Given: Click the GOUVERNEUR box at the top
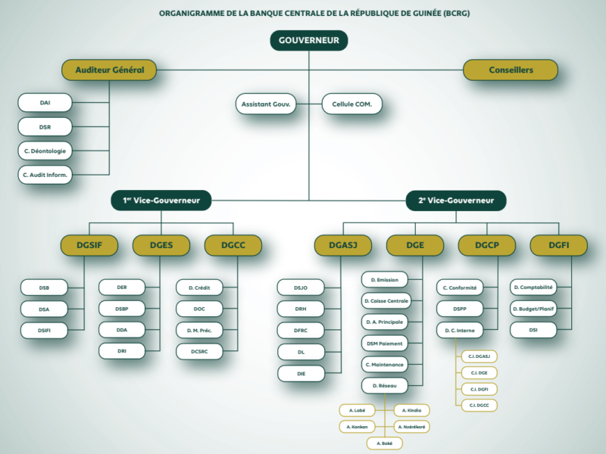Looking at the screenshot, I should click(308, 40).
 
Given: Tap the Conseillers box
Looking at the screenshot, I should click(510, 70).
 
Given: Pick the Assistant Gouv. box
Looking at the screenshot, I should click(266, 104).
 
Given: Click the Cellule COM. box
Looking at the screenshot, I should click(351, 104).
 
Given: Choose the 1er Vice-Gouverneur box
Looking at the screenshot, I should click(161, 201).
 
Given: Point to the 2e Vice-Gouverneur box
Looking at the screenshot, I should click(455, 201).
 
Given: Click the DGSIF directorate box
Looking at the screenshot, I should click(89, 245).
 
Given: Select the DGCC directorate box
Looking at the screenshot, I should click(233, 245).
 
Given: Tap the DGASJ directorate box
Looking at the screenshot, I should click(342, 245).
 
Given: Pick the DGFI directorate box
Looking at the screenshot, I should click(559, 245).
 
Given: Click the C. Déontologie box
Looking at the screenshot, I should click(45, 151).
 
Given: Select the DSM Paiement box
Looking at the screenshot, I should click(386, 344).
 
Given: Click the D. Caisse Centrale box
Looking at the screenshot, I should click(386, 301).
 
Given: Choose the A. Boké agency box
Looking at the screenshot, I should click(384, 443).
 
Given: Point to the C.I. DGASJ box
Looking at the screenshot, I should click(479, 356).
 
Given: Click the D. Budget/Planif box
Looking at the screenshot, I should click(533, 309).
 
